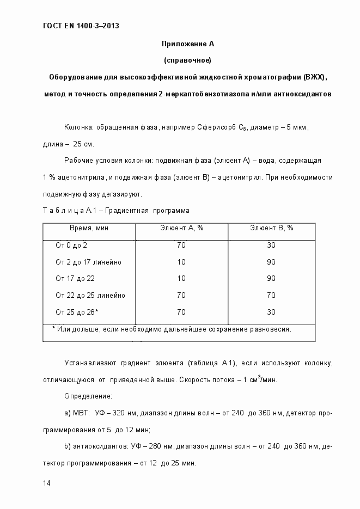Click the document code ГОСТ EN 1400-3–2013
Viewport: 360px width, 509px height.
tap(81, 26)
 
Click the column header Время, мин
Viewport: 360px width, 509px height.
tap(89, 228)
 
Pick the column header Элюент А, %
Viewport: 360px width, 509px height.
tap(181, 228)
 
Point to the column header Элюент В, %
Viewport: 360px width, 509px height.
tap(271, 228)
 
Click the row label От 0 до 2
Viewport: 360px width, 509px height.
tap(71, 246)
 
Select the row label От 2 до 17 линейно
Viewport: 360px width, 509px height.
tap(88, 262)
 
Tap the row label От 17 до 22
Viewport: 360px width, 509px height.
tap(75, 279)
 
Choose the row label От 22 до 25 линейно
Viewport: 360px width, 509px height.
tap(90, 296)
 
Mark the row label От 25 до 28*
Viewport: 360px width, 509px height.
tap(77, 312)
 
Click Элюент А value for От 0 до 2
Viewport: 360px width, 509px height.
tap(181, 246)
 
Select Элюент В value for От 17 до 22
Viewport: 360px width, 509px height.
tap(271, 279)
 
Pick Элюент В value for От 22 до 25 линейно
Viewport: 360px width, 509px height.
tap(271, 296)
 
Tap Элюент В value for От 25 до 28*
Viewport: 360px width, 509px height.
tap(271, 312)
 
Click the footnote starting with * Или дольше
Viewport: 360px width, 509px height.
tap(172, 329)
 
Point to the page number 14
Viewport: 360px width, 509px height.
tap(46, 483)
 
